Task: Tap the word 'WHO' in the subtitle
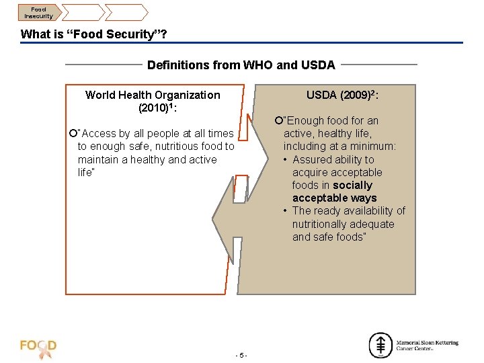(x=257, y=65)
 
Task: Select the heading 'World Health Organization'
(x=153, y=95)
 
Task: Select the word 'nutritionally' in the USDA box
(x=325, y=224)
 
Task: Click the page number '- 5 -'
(x=242, y=354)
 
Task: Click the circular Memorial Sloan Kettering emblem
(x=380, y=345)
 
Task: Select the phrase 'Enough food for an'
(x=331, y=120)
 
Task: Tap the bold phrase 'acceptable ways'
(x=334, y=198)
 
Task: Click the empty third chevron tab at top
(x=126, y=11)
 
